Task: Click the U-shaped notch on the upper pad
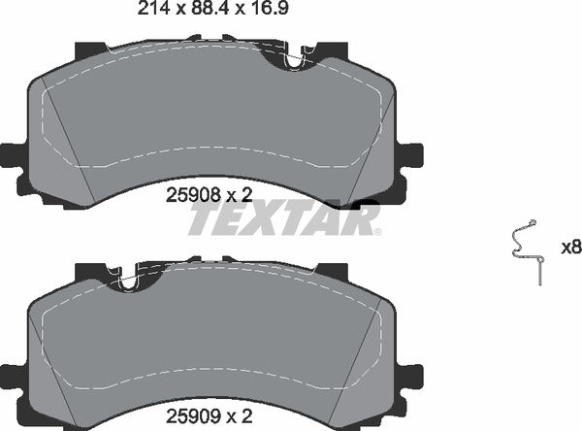[294, 61]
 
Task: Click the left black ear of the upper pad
[13, 153]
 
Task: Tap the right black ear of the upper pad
[411, 153]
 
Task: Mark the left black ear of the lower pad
[13, 375]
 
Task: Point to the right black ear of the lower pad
[411, 375]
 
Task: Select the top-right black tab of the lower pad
[331, 271]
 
